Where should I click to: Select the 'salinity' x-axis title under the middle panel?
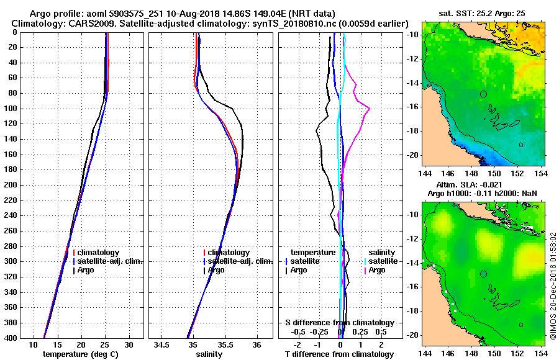[x=209, y=354]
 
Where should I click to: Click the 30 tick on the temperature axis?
[x=129, y=344]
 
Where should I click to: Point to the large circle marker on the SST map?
[x=484, y=94]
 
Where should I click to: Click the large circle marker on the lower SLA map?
[x=484, y=273]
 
